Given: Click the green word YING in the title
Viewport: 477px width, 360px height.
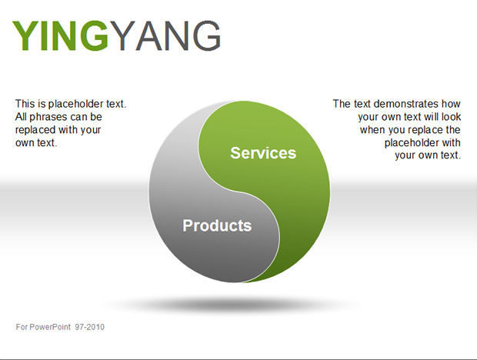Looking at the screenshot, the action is pyautogui.click(x=60, y=35).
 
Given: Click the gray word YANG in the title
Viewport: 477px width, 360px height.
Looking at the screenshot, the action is pyautogui.click(x=165, y=35).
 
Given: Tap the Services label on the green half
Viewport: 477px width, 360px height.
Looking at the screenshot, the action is pyautogui.click(x=263, y=152).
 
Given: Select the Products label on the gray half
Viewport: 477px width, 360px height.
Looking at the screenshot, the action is pyautogui.click(x=217, y=225).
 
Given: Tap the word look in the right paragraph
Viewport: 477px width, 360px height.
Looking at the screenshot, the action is pyautogui.click(x=451, y=117).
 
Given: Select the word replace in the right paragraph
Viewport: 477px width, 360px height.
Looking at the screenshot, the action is pyautogui.click(x=427, y=130).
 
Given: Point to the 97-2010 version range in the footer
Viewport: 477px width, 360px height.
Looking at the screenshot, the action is pyautogui.click(x=90, y=327).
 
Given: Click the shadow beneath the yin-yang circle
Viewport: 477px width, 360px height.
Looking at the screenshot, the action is pyautogui.click(x=232, y=304).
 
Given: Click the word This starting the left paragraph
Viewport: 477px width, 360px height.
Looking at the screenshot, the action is pyautogui.click(x=25, y=104).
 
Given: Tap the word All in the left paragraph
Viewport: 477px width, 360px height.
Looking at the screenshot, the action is pyautogui.click(x=21, y=117).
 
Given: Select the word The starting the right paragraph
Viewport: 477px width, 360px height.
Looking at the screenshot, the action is pyautogui.click(x=342, y=104).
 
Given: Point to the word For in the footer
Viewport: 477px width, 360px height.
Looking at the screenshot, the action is pyautogui.click(x=22, y=327).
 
